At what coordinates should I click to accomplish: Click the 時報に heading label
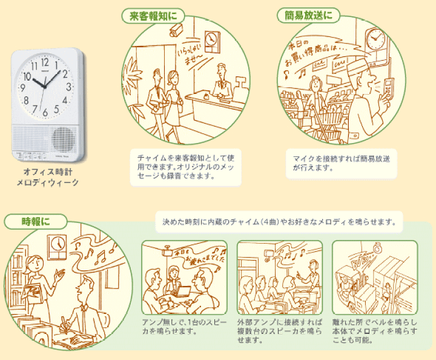27,221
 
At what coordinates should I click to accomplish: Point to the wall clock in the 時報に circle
59,244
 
